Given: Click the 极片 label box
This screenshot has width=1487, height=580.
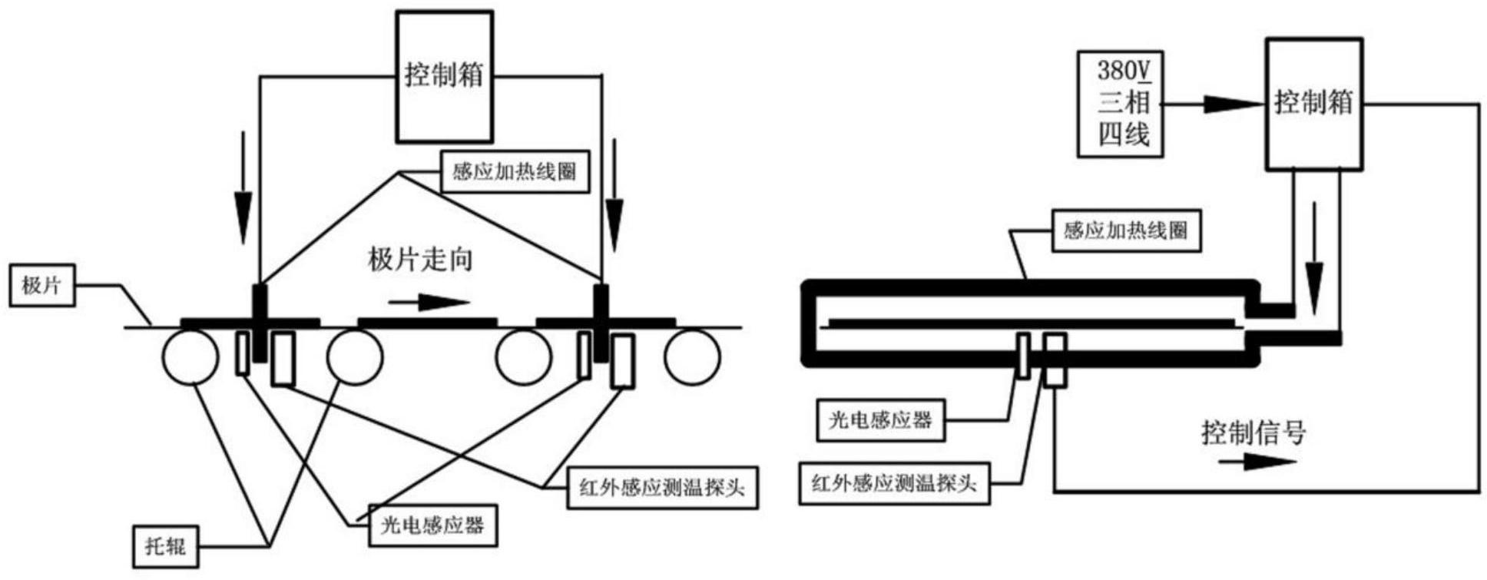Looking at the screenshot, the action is (x=42, y=286).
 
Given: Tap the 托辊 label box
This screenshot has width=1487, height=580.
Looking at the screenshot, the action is (x=165, y=546).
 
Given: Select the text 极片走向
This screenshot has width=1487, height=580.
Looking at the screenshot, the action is (x=420, y=260).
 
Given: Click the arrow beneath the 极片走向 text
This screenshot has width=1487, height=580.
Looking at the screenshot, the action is (x=429, y=303).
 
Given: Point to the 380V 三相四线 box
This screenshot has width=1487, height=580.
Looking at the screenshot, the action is (x=1120, y=104).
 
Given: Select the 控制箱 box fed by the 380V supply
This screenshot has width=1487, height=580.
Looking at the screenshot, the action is (x=1314, y=104).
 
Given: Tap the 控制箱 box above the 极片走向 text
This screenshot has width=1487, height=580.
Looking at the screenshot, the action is (x=445, y=76).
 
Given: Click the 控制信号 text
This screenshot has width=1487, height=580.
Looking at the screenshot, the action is (x=1254, y=433).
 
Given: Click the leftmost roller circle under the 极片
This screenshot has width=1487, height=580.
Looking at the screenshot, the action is (x=190, y=357).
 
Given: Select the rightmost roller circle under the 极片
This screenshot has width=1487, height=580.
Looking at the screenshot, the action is (x=692, y=357).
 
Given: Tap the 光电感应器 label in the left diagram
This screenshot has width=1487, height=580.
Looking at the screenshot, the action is (x=432, y=525).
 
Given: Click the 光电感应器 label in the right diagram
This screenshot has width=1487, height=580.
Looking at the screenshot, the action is (x=880, y=420).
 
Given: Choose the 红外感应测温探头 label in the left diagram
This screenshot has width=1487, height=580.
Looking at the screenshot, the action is (x=663, y=487).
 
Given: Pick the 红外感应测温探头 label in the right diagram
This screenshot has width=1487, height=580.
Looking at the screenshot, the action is (x=894, y=483).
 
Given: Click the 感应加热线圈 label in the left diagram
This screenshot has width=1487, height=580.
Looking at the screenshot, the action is (x=515, y=171).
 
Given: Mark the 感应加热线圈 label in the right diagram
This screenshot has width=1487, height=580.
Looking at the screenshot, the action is (x=1126, y=230).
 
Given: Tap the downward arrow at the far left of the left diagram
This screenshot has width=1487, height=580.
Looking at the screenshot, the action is (x=243, y=188).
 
